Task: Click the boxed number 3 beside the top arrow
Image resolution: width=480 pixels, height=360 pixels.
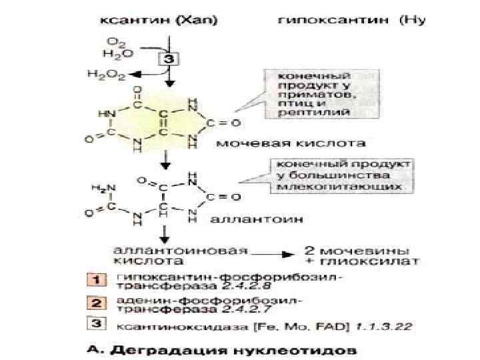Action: [169, 59]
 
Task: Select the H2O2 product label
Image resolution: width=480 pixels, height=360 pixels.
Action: [106, 75]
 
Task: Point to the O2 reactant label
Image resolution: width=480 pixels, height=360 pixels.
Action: [115, 42]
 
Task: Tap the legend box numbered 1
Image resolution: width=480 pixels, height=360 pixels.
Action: [96, 279]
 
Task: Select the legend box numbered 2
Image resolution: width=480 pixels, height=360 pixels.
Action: [96, 303]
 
